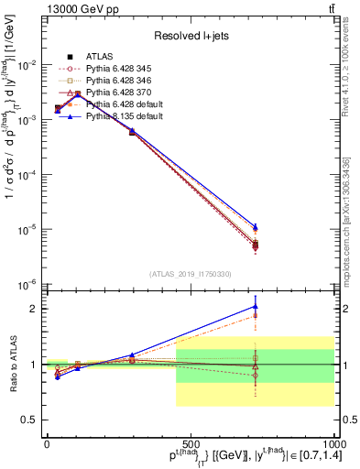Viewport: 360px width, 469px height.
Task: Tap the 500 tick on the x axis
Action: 190,444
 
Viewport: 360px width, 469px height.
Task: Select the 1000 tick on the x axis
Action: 333,444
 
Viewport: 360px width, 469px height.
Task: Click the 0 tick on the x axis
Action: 47,444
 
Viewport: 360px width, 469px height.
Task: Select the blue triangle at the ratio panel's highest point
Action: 256,307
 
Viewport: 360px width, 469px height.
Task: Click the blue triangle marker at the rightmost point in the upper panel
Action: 256,225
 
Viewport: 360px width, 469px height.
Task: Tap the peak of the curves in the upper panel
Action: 78,93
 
